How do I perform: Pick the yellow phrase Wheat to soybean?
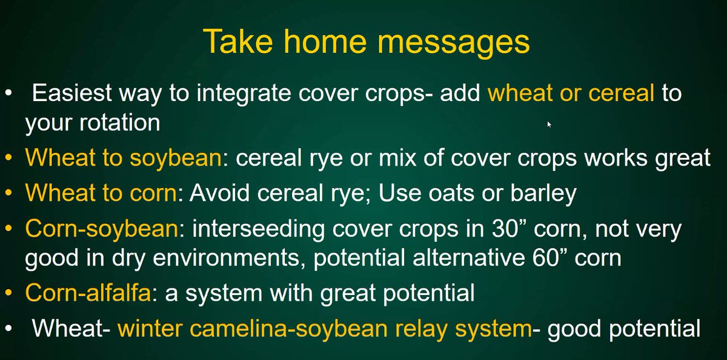(122, 158)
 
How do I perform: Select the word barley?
(546, 193)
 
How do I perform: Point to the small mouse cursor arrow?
(549, 124)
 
